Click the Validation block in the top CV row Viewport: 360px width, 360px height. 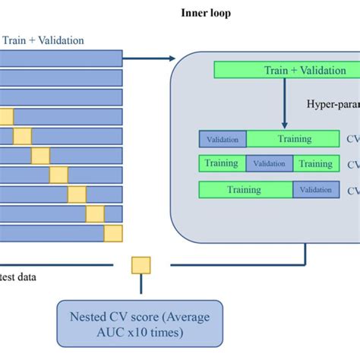[x=223, y=139]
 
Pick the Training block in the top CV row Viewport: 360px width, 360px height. [x=293, y=139]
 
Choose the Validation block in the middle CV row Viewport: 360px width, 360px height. [x=269, y=163]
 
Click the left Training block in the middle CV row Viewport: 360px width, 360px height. [x=222, y=163]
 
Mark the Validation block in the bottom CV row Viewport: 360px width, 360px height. [x=317, y=190]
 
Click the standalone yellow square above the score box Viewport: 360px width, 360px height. [x=141, y=265]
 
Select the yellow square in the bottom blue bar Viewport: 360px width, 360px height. [x=113, y=233]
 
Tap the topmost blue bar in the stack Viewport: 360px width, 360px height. [x=61, y=58]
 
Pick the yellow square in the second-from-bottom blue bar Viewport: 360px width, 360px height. [x=95, y=213]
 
